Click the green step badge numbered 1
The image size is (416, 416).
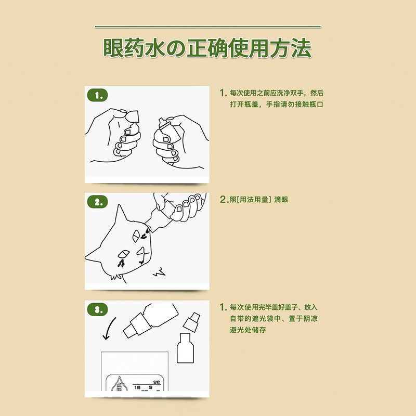click(x=97, y=95)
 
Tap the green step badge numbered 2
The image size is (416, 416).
click(x=97, y=202)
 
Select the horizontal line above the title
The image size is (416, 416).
click(x=208, y=27)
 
